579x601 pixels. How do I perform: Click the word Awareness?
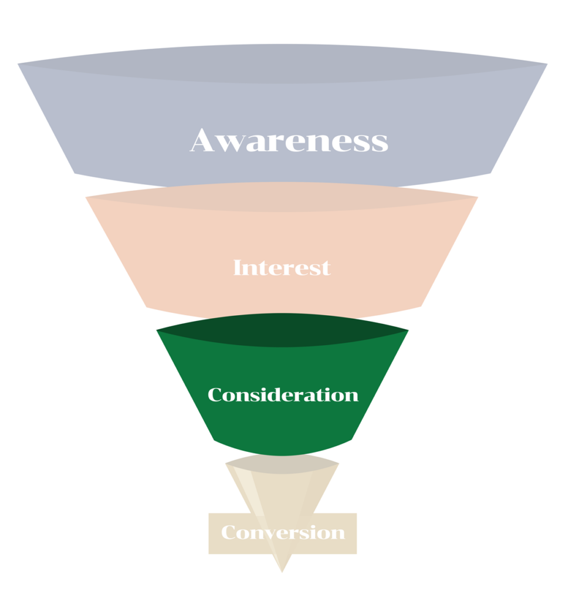(289, 141)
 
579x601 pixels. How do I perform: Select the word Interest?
(282, 268)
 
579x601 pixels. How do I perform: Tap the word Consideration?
(283, 394)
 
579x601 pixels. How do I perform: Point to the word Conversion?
(283, 533)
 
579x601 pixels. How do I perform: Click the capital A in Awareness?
(203, 141)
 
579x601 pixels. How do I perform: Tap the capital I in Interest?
(238, 268)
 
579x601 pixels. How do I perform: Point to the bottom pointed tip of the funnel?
(282, 570)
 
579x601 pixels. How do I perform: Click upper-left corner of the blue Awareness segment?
(19, 63)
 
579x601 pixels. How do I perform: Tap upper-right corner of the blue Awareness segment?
(546, 64)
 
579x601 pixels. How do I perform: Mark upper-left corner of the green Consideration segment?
(157, 330)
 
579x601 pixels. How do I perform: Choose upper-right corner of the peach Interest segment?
(477, 197)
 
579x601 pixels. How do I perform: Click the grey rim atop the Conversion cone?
(282, 464)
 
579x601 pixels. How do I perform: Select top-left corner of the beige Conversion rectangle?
(209, 514)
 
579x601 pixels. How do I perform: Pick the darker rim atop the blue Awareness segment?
(282, 65)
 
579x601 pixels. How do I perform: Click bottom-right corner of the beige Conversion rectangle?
(356, 553)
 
